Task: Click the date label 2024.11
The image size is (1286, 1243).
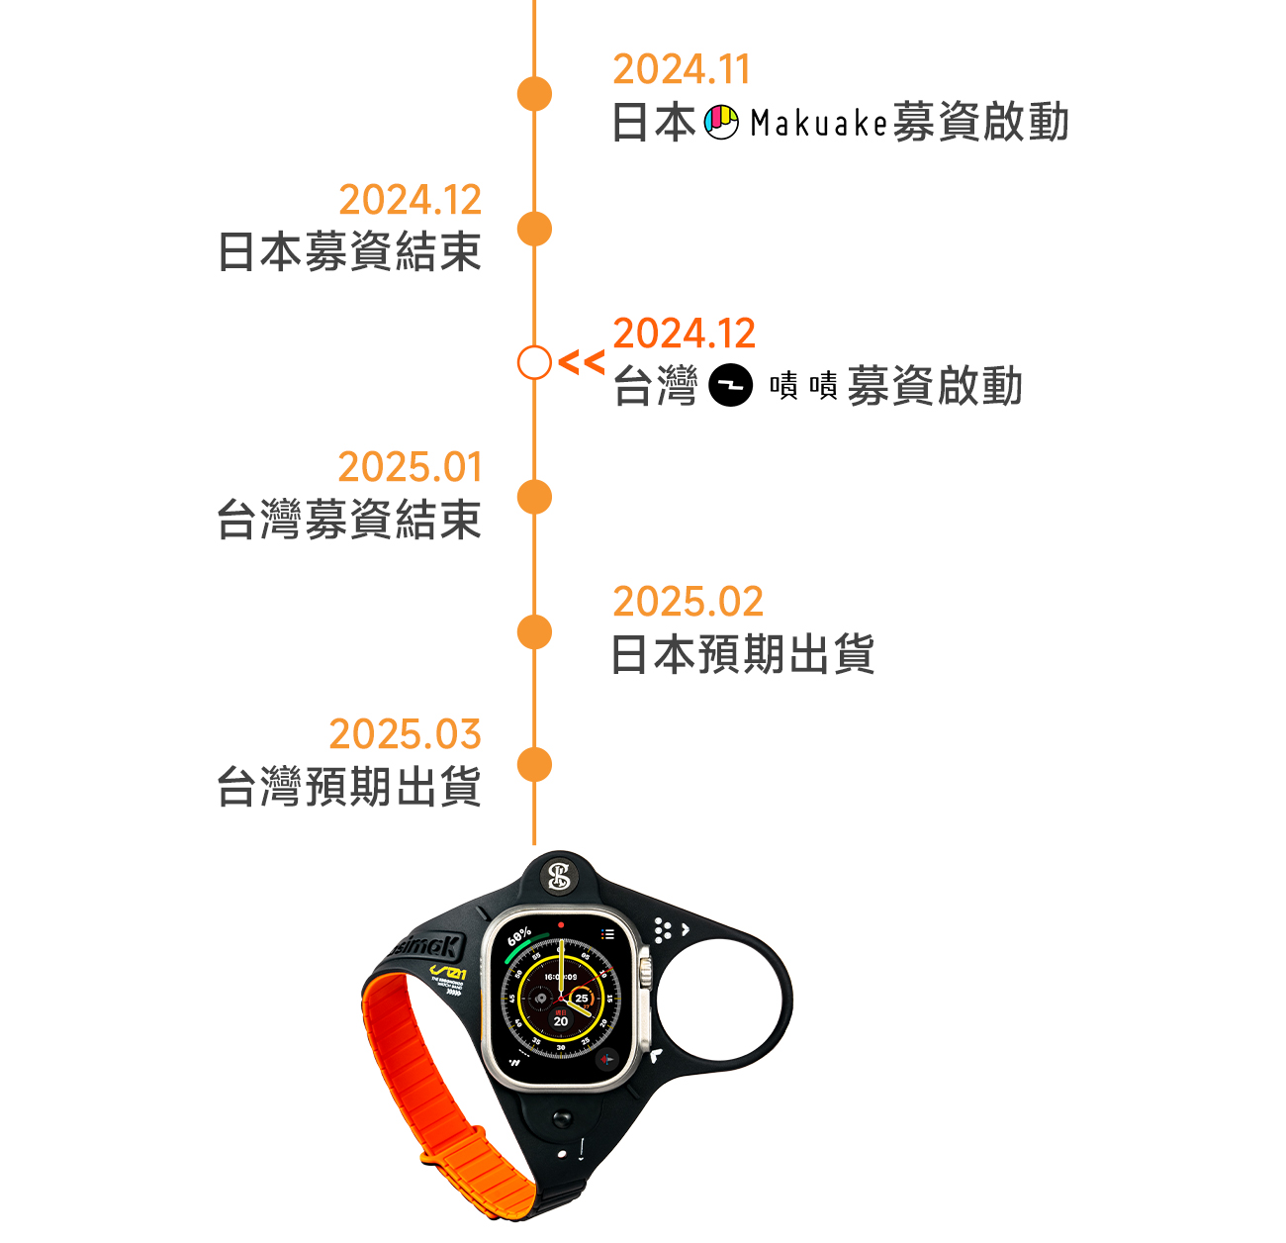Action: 682,69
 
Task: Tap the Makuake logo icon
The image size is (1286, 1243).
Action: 721,122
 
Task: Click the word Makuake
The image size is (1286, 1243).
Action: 818,123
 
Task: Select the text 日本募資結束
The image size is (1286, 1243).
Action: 349,251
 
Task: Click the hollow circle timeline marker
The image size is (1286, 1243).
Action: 534,363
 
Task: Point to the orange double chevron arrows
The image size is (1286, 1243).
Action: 581,362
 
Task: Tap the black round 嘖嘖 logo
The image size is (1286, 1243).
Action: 731,386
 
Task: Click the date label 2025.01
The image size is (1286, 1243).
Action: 410,467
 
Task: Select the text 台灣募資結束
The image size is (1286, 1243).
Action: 349,520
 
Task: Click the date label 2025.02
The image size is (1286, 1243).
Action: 688,602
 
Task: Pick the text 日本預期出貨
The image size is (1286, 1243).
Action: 743,654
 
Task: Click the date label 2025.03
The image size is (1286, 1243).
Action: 405,734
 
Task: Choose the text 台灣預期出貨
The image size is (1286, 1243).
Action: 349,788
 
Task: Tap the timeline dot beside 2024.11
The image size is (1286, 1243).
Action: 534,94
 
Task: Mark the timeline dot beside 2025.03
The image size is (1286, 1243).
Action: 534,765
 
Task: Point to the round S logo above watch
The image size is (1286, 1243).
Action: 560,876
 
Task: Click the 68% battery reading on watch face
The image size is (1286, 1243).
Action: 519,935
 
